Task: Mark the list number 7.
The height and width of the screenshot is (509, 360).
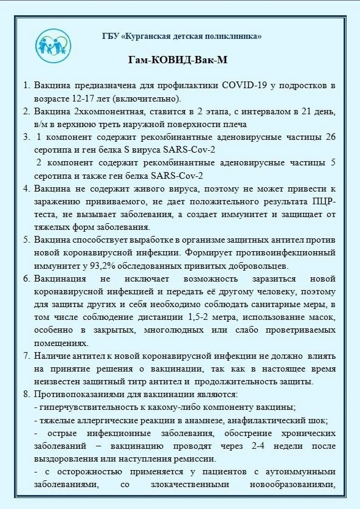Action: [x=27, y=355]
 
